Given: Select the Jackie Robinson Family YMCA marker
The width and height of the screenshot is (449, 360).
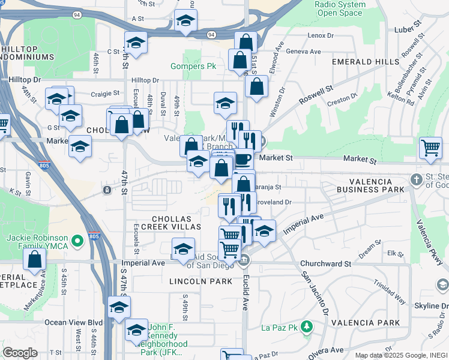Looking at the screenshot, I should click(x=77, y=242).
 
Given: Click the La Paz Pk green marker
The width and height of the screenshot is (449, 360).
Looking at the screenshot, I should click(x=307, y=327).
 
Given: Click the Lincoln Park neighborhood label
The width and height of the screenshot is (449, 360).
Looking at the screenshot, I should click(x=191, y=281).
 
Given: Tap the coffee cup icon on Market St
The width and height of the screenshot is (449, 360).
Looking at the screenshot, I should click(x=243, y=159).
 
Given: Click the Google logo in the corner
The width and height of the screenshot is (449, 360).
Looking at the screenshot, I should click(x=20, y=353).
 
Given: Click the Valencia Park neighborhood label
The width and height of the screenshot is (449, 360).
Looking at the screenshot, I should click(x=373, y=323).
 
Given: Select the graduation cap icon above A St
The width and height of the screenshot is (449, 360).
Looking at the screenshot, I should click(x=185, y=22).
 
